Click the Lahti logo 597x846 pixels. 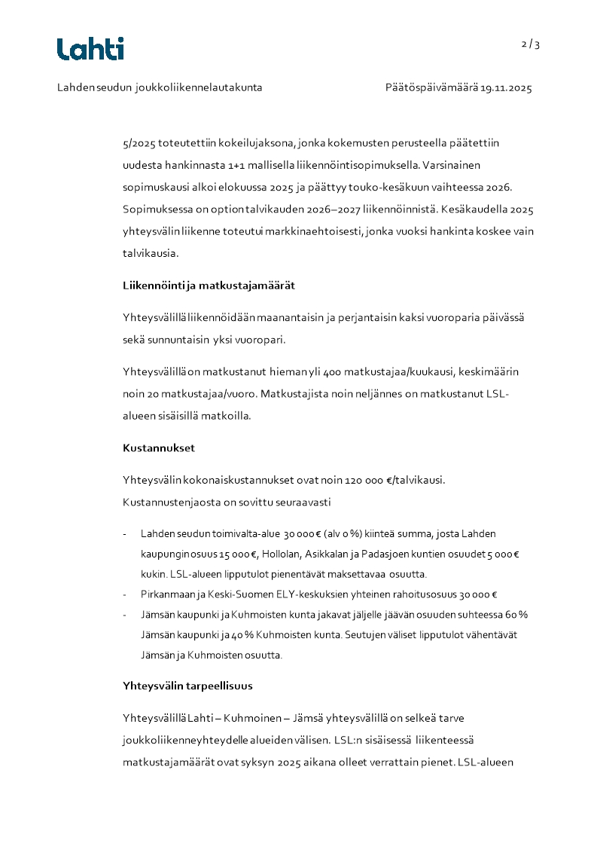tap(90, 49)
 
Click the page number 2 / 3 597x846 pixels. tap(531, 44)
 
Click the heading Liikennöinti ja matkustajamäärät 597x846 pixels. tap(209, 286)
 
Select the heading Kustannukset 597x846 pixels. tap(159, 447)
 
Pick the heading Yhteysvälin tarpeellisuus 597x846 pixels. tap(187, 686)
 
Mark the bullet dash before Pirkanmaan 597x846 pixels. tap(125, 594)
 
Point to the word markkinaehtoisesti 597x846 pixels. tap(314, 231)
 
